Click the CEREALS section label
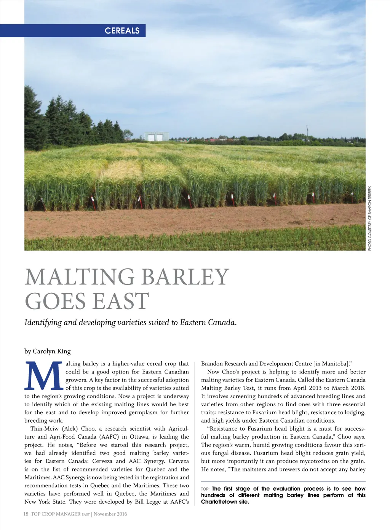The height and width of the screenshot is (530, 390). point(122,31)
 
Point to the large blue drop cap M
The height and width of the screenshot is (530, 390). point(43,375)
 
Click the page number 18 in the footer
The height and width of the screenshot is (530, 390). point(26,514)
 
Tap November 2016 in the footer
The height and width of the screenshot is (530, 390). point(110,514)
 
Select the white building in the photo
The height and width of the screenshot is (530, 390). point(156,137)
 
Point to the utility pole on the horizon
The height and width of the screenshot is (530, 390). point(307,132)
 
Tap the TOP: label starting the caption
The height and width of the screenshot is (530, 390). point(205,489)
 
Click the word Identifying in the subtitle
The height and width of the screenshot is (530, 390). point(43,322)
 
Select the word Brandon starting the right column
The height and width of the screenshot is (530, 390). point(212,364)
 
